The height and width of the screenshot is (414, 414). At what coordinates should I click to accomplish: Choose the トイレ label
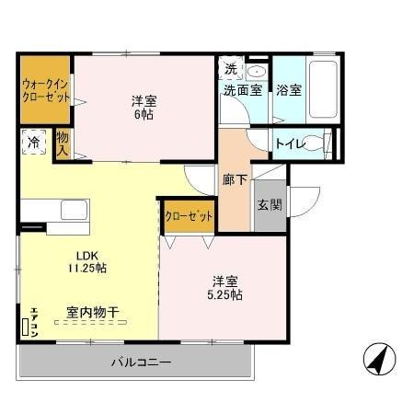pos(291,143)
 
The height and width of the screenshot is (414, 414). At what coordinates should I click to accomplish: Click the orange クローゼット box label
pos(189,215)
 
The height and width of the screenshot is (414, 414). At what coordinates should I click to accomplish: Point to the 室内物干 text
pos(92,313)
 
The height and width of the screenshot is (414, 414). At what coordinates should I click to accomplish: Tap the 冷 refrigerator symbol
pos(33,144)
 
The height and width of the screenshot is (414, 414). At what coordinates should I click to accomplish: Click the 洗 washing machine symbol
pos(231,69)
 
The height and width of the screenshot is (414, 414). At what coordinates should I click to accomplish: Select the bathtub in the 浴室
pos(323,89)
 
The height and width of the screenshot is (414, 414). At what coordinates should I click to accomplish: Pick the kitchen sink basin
pos(73,210)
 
